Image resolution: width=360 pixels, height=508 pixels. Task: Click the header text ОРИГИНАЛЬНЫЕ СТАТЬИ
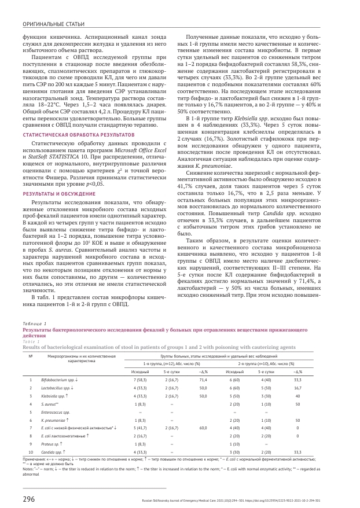click(x=50, y=24)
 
